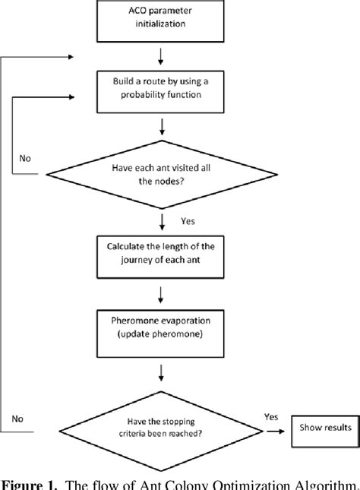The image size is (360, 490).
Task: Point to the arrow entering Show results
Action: (285, 430)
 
